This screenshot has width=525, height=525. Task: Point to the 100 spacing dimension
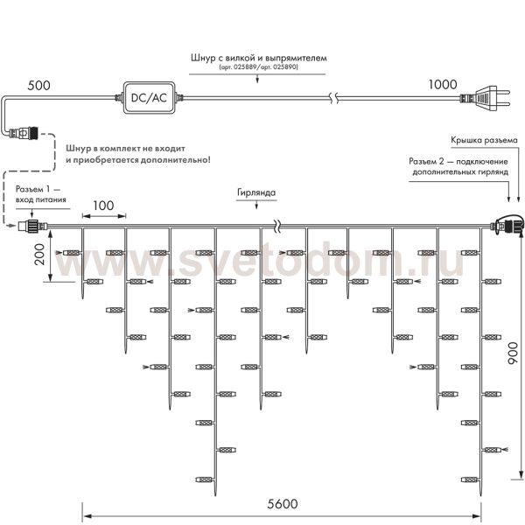(103, 206)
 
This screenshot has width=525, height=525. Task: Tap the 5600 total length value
(281, 504)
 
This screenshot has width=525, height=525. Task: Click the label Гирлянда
(255, 191)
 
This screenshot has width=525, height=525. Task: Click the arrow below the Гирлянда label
(255, 204)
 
